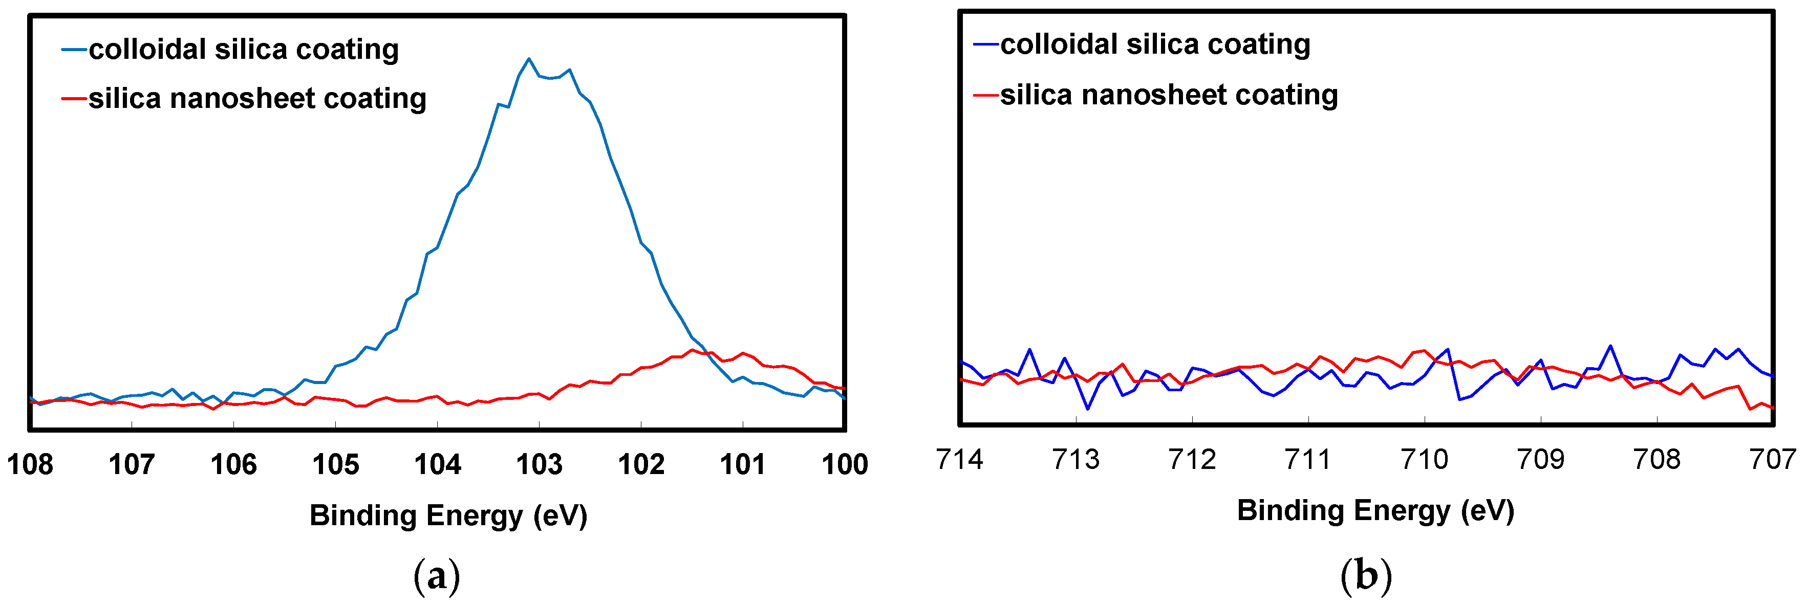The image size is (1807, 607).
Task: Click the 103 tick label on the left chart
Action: tap(539, 464)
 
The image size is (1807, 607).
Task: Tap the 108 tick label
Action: tap(30, 464)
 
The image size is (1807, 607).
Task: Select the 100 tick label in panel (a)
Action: tap(845, 464)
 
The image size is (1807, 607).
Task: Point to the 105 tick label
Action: tap(335, 464)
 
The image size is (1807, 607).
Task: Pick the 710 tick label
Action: tap(1424, 460)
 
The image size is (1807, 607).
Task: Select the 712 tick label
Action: tap(1192, 460)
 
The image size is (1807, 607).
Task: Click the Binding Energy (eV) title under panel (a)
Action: tap(448, 516)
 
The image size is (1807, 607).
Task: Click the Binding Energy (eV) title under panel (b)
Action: tap(1375, 511)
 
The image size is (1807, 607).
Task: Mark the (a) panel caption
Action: tap(436, 576)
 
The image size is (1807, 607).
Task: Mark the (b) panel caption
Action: tap(1365, 576)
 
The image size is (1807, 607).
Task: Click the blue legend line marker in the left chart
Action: tap(74, 50)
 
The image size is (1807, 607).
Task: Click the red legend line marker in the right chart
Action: tap(985, 95)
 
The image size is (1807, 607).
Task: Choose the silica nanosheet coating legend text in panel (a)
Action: tap(257, 98)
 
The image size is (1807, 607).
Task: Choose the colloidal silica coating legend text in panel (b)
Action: tap(1155, 44)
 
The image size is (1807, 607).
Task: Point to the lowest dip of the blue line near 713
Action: tap(1087, 409)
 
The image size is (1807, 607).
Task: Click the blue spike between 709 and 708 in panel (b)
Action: tap(1610, 346)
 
